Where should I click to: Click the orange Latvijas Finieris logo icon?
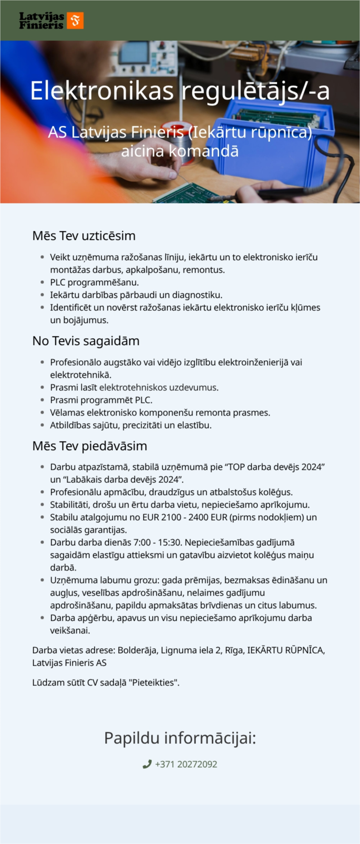click(x=75, y=21)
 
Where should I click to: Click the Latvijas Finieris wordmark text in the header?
click(x=41, y=21)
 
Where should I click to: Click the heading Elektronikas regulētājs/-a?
click(x=180, y=91)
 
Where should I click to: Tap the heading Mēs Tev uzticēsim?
click(x=84, y=236)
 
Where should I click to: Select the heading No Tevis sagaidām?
click(x=86, y=341)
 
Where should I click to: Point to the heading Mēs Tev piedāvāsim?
click(x=89, y=446)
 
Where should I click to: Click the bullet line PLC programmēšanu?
click(x=94, y=283)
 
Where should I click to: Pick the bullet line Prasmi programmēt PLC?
click(x=101, y=400)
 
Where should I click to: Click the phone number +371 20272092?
click(x=186, y=764)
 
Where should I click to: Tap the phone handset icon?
click(x=147, y=764)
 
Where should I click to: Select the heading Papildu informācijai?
click(x=180, y=738)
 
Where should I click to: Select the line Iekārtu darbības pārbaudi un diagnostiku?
click(x=136, y=295)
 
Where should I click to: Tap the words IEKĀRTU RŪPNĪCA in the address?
click(x=286, y=650)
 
